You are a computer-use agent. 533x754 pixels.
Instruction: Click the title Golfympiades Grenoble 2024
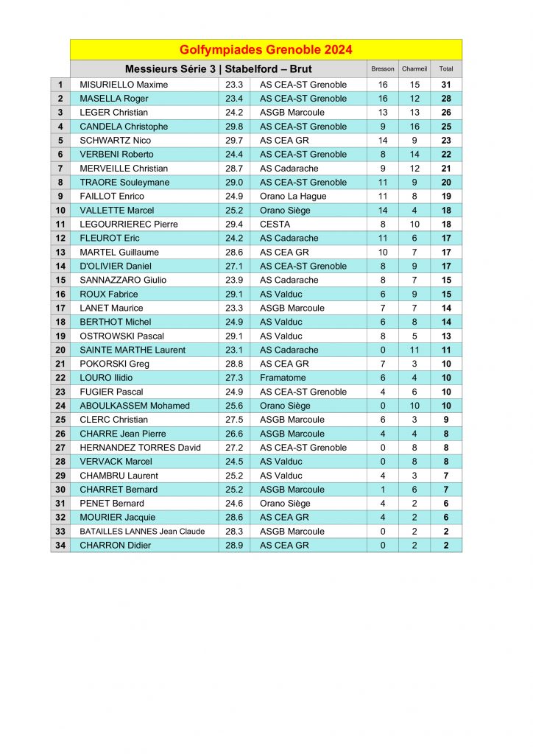pos(266,50)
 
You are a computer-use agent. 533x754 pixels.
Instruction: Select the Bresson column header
pos(383,69)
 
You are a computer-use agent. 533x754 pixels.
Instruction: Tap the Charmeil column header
pos(414,69)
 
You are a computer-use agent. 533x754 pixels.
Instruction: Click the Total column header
pos(446,69)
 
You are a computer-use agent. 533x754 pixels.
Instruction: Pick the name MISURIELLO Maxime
pos(124,85)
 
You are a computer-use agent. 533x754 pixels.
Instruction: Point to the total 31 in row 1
pos(446,85)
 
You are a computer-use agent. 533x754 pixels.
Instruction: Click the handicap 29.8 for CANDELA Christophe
pos(234,127)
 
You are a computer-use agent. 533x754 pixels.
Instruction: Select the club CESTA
pos(275,224)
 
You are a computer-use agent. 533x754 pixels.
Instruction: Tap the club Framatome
pos(282,378)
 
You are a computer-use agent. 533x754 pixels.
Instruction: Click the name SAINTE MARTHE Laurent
pos(133,350)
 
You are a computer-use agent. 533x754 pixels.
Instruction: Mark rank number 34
pos(60,546)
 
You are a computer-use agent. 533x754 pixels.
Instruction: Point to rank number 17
pos(60,308)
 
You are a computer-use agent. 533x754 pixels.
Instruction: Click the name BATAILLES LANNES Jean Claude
pos(142,532)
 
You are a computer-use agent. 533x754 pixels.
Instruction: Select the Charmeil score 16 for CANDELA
pos(414,127)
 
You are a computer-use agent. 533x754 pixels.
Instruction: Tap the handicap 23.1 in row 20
pos(234,350)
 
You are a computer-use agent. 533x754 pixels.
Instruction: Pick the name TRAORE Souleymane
pos(124,182)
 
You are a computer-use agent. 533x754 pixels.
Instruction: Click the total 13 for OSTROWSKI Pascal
pos(446,336)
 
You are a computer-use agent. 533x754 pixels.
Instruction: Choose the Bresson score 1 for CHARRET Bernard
pos(383,490)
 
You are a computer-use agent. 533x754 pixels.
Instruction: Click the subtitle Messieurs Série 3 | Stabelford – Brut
pos(219,69)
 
